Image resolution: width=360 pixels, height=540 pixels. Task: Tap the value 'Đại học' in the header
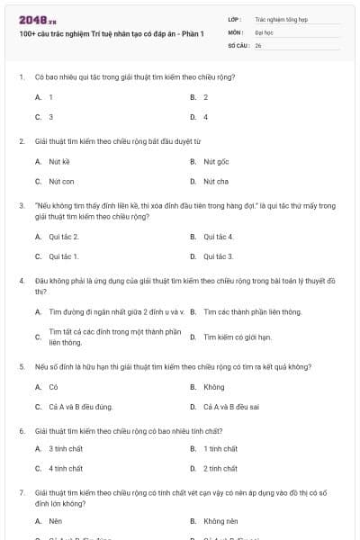pos(265,31)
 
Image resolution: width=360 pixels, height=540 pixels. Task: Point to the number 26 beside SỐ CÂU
pos(258,44)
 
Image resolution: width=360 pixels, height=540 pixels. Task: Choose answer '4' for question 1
pos(205,117)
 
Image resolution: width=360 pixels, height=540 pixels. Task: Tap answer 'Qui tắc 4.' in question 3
pos(219,237)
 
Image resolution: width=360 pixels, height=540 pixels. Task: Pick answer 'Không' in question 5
pos(214,387)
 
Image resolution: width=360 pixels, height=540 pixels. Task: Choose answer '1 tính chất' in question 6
pos(220,448)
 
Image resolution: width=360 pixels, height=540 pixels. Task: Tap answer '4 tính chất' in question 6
pos(66,468)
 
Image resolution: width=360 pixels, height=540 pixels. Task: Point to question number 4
pos(21,281)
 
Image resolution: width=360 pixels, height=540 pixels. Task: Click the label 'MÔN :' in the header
pos(236,31)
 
